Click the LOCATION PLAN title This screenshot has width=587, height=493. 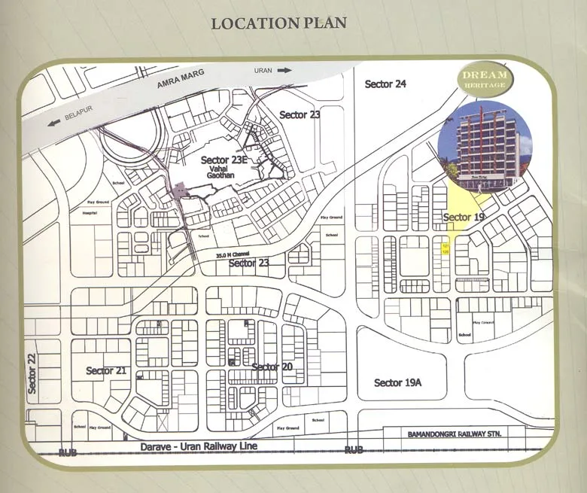pyautogui.click(x=278, y=23)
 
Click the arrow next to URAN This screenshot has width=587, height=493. pyautogui.click(x=284, y=70)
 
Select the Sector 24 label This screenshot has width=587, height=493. pyautogui.click(x=385, y=84)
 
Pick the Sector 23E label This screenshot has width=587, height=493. pyautogui.click(x=224, y=160)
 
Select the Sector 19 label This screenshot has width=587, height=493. pyautogui.click(x=464, y=218)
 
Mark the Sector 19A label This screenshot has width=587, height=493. pyautogui.click(x=397, y=383)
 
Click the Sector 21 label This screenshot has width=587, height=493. pyautogui.click(x=105, y=370)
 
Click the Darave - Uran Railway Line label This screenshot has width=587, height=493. pyautogui.click(x=199, y=447)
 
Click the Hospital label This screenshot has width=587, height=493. pyautogui.click(x=90, y=213)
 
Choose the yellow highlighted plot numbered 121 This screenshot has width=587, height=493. pyautogui.click(x=446, y=246)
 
